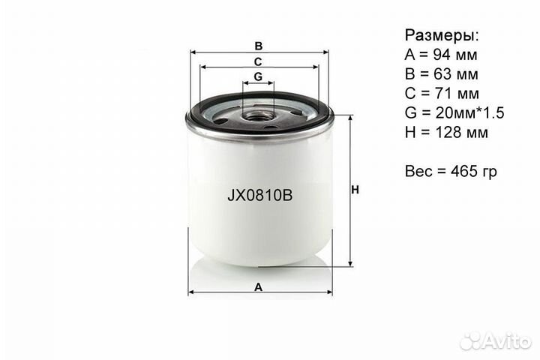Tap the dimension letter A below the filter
click(x=259, y=286)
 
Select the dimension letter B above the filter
click(x=259, y=45)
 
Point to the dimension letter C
click(x=258, y=61)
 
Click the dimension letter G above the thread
click(x=258, y=76)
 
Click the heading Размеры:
click(x=442, y=35)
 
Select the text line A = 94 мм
click(x=441, y=55)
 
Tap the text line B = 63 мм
click(x=441, y=74)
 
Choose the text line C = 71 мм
click(x=441, y=94)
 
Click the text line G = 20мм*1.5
click(x=454, y=113)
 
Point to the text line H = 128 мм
click(x=446, y=133)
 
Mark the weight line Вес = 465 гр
click(x=451, y=172)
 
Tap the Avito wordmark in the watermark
click(x=508, y=341)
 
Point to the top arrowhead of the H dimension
click(x=349, y=118)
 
